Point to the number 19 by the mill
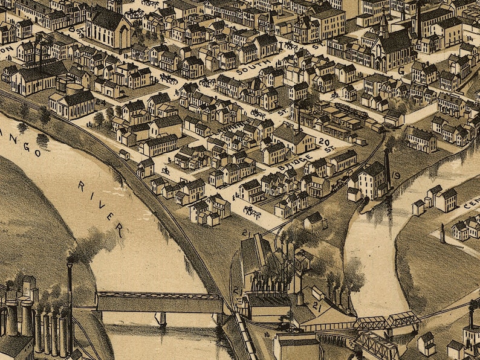[x=397, y=175]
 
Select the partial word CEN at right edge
[x=472, y=204]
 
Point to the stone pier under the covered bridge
[x=161, y=318]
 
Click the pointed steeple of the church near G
[x=383, y=24]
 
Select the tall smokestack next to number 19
[x=388, y=169]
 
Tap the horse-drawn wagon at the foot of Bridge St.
[x=250, y=211]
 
